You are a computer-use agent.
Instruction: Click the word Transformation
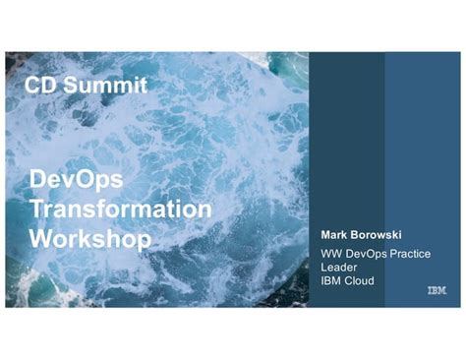pyautogui.click(x=120, y=209)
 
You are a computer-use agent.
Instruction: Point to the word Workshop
pyautogui.click(x=90, y=238)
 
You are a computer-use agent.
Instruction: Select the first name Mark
pyautogui.click(x=336, y=236)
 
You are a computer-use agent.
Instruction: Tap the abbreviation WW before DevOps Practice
pyautogui.click(x=331, y=254)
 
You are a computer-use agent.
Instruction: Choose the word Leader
pyautogui.click(x=339, y=268)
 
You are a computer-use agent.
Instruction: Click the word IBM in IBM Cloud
pyautogui.click(x=331, y=280)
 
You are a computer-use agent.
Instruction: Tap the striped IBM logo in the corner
pyautogui.click(x=437, y=291)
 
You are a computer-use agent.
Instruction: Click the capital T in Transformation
pyautogui.click(x=36, y=209)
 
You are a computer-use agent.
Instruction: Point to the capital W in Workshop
pyautogui.click(x=40, y=238)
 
